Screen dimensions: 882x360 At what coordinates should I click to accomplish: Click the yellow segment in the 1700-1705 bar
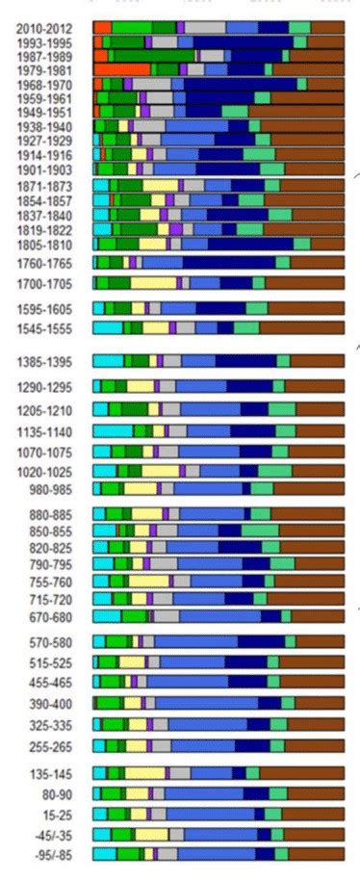pos(153,283)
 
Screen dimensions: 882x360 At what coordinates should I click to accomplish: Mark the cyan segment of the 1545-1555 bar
pos(108,328)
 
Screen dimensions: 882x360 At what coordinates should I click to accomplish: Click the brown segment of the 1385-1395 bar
pos(317,361)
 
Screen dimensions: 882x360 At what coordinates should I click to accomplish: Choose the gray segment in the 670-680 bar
pos(167,616)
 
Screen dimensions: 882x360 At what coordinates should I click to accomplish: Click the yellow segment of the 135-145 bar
pos(144,772)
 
